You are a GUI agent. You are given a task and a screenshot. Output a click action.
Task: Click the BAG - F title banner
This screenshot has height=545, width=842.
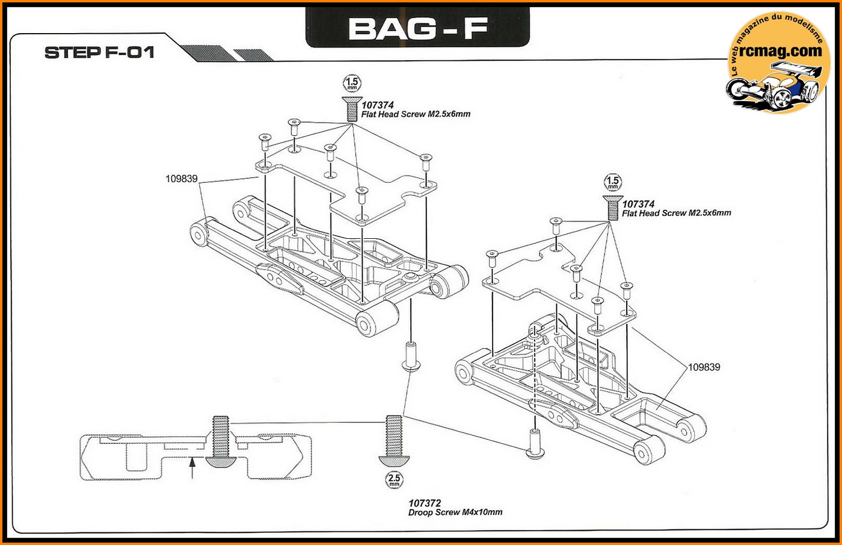417,28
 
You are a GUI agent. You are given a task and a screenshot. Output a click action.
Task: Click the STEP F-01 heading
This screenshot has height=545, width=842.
100,52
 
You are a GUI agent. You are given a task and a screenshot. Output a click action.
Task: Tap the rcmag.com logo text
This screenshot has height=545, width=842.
780,52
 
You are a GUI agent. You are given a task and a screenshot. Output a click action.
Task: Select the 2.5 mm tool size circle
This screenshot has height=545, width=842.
394,480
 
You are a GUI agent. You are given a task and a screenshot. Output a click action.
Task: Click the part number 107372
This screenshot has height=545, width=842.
425,503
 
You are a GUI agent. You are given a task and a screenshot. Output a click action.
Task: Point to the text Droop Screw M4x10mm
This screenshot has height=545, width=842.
455,513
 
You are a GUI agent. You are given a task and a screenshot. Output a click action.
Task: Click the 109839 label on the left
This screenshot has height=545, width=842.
182,179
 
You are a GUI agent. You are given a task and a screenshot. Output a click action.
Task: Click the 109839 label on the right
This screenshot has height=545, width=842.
704,367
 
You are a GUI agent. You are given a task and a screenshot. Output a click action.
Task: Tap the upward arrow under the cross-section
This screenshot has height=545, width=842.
192,467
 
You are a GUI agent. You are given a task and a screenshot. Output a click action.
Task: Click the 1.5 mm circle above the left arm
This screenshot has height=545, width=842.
352,83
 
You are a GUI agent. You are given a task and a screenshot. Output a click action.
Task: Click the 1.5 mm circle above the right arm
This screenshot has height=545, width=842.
612,182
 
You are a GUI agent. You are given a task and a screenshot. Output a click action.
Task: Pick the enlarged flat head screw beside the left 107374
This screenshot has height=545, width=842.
351,108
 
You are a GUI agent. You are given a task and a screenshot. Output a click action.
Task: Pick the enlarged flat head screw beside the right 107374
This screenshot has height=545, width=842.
612,207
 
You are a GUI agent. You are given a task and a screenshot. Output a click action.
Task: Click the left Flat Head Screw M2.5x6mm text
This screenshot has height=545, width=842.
416,114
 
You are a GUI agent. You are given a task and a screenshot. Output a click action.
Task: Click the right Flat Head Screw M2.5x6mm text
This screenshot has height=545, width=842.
677,213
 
